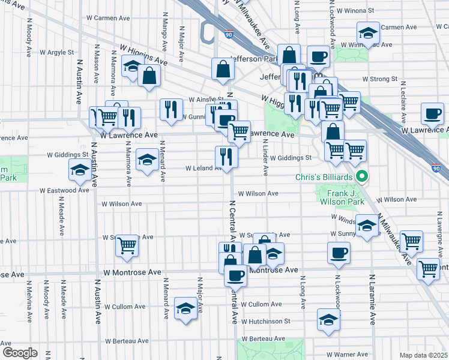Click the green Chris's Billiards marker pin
point(362,177)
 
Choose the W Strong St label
point(380,79)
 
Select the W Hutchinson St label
point(265,322)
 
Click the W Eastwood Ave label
point(64,190)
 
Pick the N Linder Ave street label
point(265,158)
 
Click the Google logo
point(19,353)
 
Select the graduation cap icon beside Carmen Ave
point(367,32)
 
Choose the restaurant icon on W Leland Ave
point(226,157)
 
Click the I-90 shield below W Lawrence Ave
point(436,169)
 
